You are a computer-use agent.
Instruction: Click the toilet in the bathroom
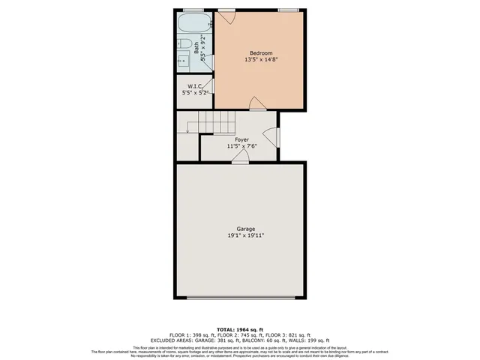point(184,42)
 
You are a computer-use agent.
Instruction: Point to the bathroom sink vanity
point(184,61)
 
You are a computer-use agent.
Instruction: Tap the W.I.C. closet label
point(195,85)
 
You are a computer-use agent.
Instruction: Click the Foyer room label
point(241,139)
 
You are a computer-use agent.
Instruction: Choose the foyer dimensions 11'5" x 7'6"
point(241,146)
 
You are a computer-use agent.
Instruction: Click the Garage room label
point(246,229)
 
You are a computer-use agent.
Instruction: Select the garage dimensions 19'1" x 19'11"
point(246,235)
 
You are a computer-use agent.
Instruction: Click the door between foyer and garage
point(235,157)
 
